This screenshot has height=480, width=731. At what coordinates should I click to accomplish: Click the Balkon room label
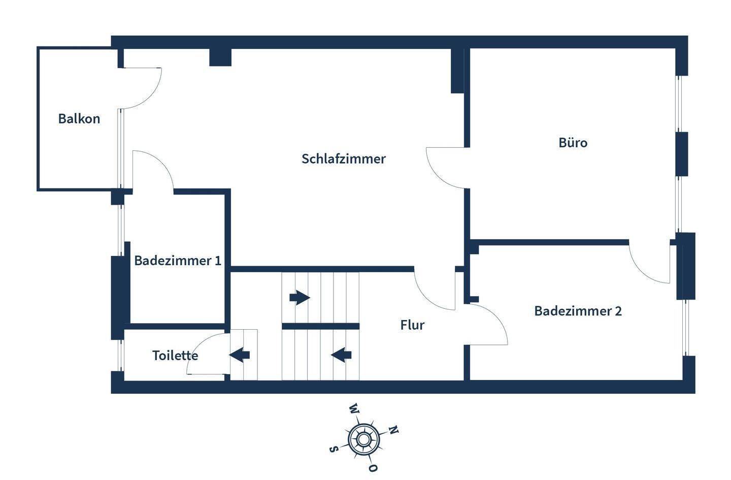click(x=79, y=119)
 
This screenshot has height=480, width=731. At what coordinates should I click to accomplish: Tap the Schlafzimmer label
click(x=344, y=159)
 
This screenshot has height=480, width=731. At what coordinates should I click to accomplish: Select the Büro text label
click(x=573, y=143)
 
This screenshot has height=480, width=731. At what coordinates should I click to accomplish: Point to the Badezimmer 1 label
click(x=178, y=261)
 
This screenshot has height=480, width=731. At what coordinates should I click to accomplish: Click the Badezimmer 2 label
click(x=578, y=311)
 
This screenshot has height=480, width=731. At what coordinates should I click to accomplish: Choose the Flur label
click(x=412, y=325)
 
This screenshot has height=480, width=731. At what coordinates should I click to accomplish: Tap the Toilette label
click(x=175, y=356)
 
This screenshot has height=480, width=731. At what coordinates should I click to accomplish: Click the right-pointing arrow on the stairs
click(x=300, y=297)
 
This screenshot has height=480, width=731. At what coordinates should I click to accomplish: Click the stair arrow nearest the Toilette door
click(x=240, y=354)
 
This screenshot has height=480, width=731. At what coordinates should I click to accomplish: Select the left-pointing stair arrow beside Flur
click(x=341, y=354)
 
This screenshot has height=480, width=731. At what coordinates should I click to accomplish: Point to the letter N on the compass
click(x=393, y=430)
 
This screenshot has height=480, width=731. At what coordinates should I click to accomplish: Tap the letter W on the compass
click(x=354, y=409)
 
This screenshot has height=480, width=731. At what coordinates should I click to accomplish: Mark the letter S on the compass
click(x=334, y=449)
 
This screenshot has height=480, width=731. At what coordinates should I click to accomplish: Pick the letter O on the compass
click(x=373, y=468)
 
